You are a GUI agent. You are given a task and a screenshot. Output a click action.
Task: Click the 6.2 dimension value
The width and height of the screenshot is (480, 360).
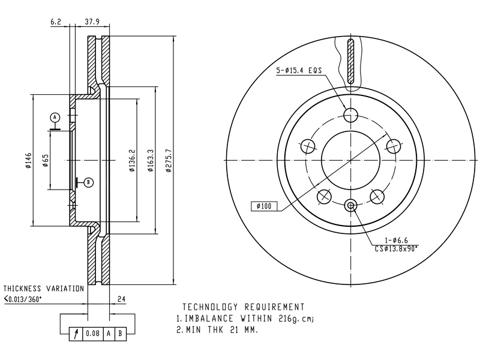[56, 22]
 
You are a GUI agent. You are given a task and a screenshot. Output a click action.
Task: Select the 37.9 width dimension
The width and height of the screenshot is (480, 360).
[92, 22]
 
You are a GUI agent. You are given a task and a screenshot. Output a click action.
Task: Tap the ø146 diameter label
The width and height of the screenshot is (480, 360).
[28, 160]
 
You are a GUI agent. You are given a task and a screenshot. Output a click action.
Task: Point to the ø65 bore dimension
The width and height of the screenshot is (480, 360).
[46, 160]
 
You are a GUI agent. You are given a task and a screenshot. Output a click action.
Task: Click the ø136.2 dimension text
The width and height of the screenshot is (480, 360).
[132, 160]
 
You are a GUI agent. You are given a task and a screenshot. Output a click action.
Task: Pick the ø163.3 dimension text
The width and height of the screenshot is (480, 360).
[151, 160]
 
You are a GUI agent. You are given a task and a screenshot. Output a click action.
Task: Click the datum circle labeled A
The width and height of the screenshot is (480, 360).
[55, 117]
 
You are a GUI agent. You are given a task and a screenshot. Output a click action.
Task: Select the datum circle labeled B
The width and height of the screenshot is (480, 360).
[88, 182]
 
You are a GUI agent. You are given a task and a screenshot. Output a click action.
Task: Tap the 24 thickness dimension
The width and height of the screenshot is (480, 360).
[122, 299]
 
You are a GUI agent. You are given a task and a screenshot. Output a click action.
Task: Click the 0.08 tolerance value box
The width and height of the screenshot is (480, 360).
[93, 333]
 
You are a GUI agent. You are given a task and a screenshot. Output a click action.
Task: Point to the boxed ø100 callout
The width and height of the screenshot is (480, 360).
[264, 206]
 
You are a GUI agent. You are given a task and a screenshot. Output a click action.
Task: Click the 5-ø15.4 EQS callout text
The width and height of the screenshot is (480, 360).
[299, 70]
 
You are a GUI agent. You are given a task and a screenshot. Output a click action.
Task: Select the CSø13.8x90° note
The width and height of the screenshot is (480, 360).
[397, 249]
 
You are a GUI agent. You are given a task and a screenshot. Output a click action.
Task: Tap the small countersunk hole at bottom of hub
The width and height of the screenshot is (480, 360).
[350, 205]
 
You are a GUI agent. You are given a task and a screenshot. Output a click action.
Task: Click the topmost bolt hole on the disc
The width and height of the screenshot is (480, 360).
[350, 115]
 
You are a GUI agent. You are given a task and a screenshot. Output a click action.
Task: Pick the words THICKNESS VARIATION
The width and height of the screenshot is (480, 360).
[43, 289]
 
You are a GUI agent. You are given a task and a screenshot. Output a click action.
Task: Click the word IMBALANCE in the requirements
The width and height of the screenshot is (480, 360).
[209, 319]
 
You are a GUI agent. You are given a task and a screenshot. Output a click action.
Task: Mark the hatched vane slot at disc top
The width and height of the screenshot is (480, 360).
[350, 61]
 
